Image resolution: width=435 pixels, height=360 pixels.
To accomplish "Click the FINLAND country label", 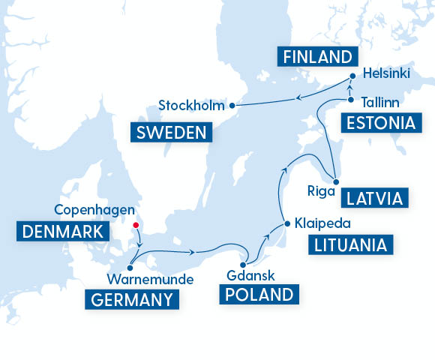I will [x=315, y=57].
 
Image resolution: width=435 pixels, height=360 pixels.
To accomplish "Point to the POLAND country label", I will [x=256, y=293].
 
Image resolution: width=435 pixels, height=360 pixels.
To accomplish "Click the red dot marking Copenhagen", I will [x=136, y=223].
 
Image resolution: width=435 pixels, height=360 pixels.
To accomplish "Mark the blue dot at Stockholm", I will [x=232, y=105].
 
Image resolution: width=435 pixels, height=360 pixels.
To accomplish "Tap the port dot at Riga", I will [x=337, y=182].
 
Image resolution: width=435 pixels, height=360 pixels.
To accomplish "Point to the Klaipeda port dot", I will [x=286, y=223].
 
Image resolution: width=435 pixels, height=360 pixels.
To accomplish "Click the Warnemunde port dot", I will [x=130, y=266].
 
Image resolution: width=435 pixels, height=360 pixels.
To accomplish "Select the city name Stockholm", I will [x=192, y=105].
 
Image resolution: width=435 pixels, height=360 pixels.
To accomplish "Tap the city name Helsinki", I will [x=386, y=74].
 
